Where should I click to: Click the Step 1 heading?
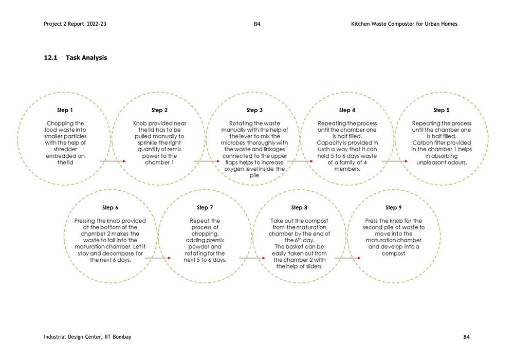pyautogui.click(x=65, y=110)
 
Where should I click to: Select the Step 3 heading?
pyautogui.click(x=254, y=110)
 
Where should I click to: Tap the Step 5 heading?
pyautogui.click(x=441, y=110)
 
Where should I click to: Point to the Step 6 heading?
pyautogui.click(x=110, y=208)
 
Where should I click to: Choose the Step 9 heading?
pyautogui.click(x=393, y=208)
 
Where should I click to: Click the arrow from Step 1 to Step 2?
pyautogui.click(x=112, y=161)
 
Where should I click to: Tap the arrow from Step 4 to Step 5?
pyautogui.click(x=394, y=161)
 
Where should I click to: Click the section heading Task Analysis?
pyautogui.click(x=86, y=58)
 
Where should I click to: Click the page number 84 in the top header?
pyautogui.click(x=257, y=24)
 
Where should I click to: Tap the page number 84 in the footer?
pyautogui.click(x=466, y=337)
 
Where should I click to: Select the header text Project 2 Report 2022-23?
pyautogui.click(x=75, y=24)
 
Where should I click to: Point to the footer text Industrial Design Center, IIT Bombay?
pyautogui.click(x=87, y=337)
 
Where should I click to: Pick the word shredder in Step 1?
pyautogui.click(x=65, y=148)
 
